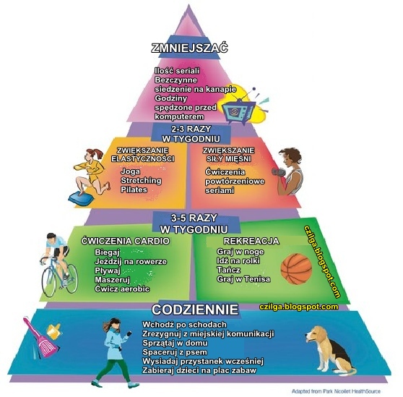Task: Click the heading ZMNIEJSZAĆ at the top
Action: point(189,48)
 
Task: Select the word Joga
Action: point(131,171)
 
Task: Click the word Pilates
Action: point(134,189)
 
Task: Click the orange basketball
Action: point(296,269)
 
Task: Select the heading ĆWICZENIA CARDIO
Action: point(126,241)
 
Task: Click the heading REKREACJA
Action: point(251,241)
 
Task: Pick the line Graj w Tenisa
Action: point(243,279)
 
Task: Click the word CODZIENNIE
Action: point(195,310)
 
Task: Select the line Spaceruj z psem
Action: point(175,352)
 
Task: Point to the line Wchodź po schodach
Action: point(185,325)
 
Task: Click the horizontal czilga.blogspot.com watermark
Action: point(299,307)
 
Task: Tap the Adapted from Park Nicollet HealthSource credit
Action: point(336,391)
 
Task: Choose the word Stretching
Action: point(141,181)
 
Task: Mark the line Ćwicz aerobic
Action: point(122,289)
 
